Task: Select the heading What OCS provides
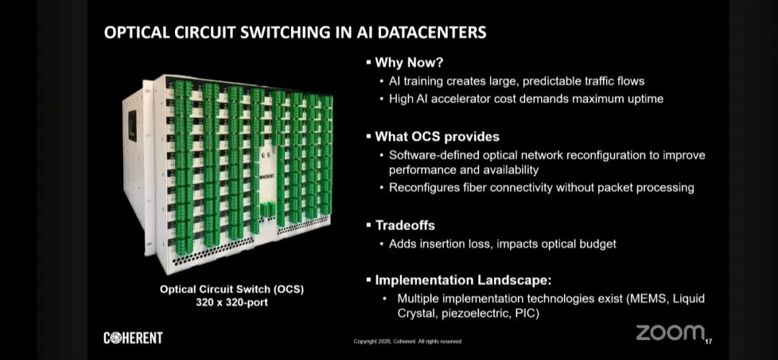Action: click(x=437, y=136)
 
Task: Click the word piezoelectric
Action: click(x=468, y=314)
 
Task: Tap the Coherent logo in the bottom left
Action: click(x=133, y=338)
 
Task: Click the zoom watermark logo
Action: click(x=669, y=333)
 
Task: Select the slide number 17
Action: click(x=709, y=341)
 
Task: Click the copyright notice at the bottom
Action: click(x=408, y=341)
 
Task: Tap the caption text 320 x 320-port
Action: click(x=232, y=302)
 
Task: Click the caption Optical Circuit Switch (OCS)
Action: click(x=232, y=289)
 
